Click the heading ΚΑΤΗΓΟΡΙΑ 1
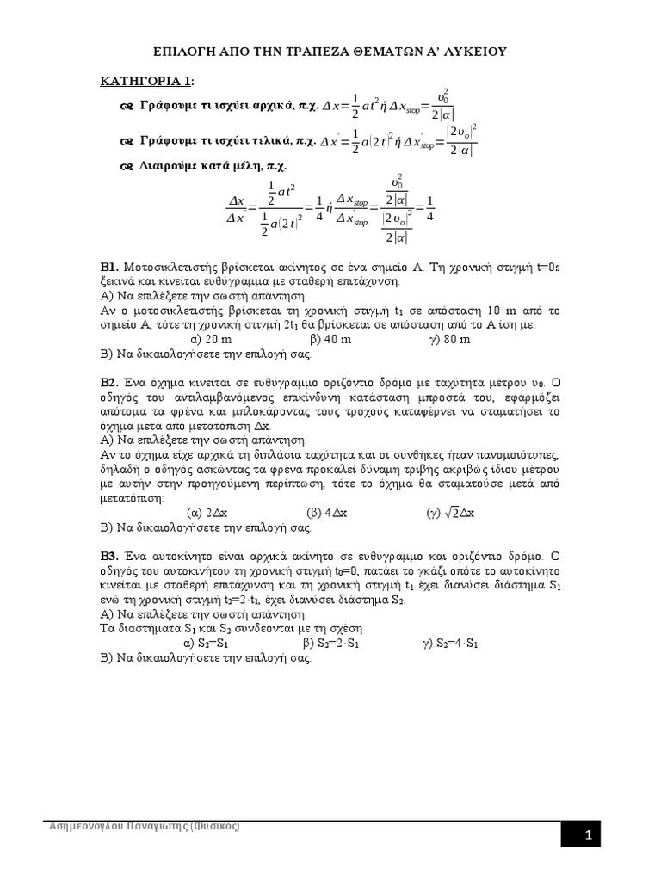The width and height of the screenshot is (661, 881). pos(144,81)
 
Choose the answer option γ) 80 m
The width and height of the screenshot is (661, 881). pos(449,340)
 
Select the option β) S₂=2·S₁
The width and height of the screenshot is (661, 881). pos(330,643)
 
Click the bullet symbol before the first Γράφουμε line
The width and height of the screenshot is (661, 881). pos(126,107)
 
